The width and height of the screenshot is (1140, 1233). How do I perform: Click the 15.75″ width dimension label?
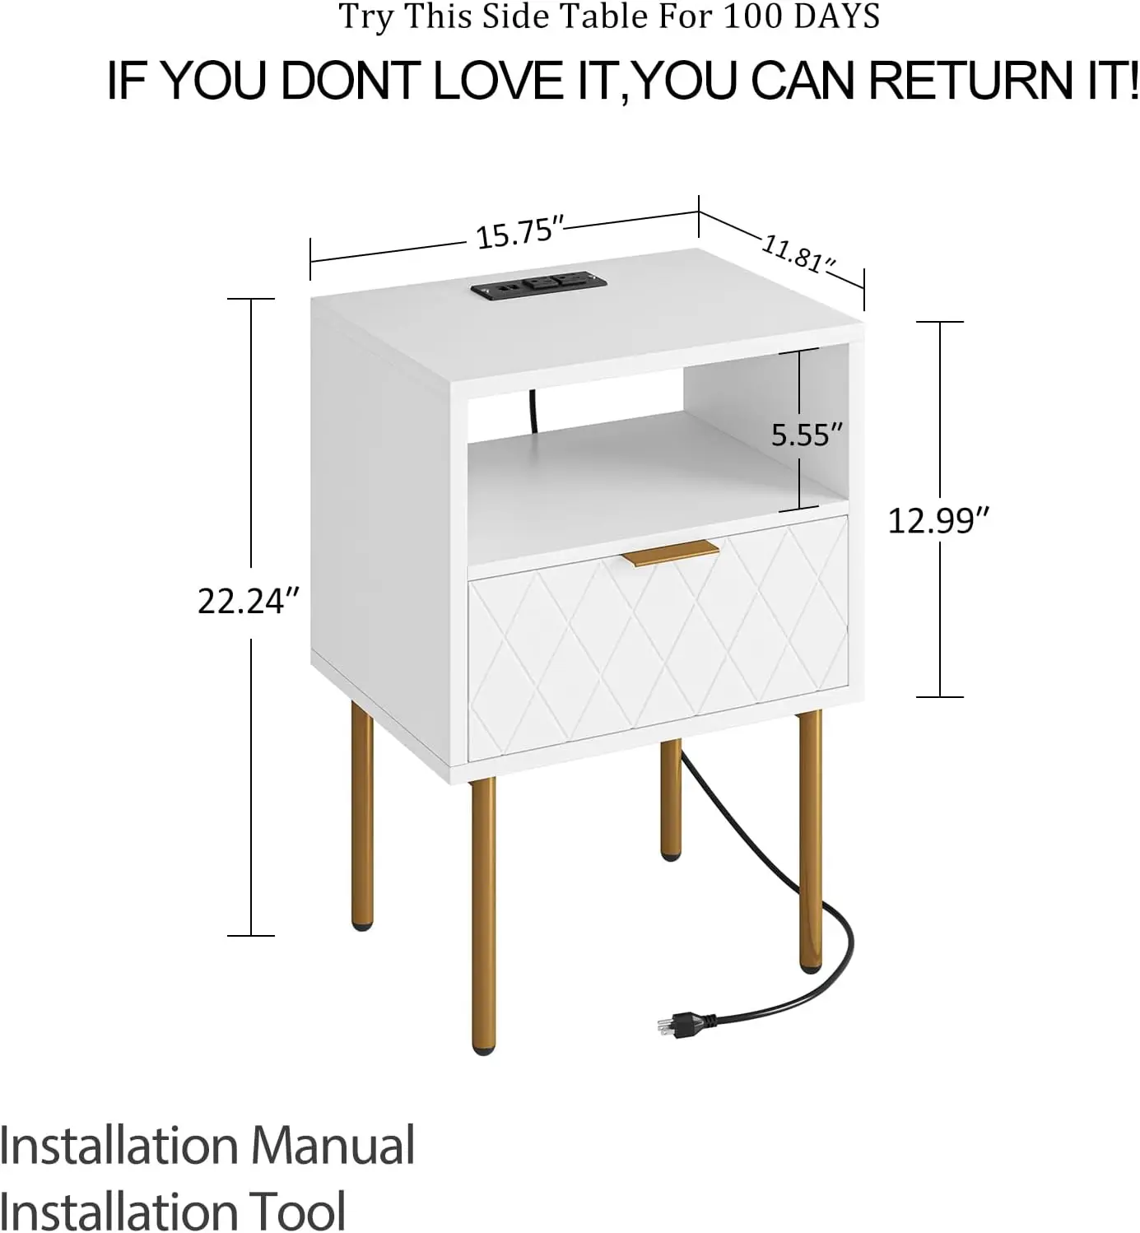519,234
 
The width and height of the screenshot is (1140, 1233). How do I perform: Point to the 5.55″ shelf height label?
807,435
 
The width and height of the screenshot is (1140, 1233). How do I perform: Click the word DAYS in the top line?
831,16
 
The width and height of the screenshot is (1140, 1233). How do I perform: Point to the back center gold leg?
671,800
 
